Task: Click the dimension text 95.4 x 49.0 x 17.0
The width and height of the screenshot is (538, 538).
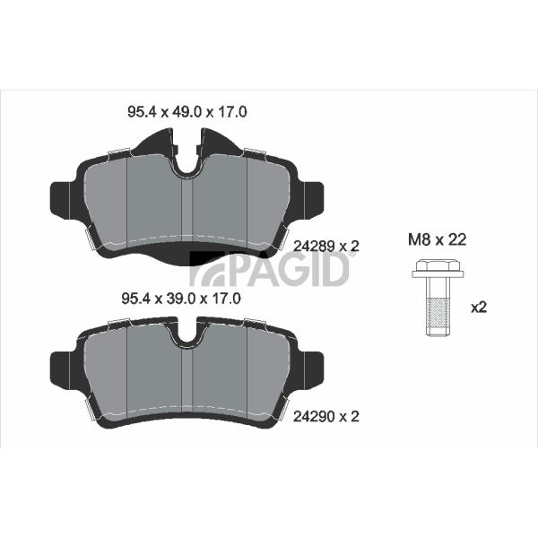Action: coord(187,112)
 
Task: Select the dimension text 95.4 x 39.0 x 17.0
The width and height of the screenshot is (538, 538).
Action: coord(181,299)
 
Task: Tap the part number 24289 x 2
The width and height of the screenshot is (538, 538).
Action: coord(326,246)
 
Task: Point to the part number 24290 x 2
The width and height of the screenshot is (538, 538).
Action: coord(326,417)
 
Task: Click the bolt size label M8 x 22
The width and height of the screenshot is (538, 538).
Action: coord(438,239)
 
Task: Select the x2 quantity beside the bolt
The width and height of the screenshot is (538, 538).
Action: coord(479,308)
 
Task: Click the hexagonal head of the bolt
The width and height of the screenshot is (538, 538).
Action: coord(438,265)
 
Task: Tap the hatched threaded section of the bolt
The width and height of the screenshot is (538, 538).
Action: coord(438,313)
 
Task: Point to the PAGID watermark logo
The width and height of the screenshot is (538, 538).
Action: coord(270,269)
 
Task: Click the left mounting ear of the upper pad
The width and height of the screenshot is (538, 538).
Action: coord(60,200)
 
